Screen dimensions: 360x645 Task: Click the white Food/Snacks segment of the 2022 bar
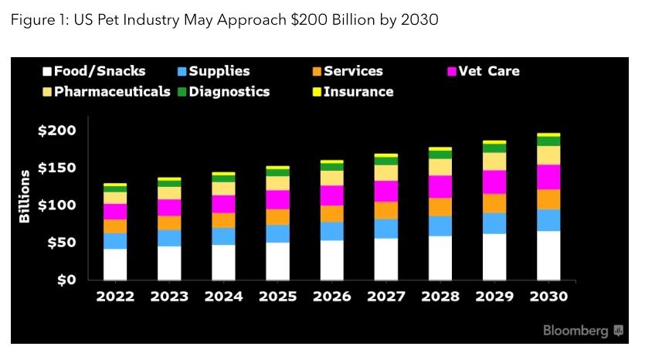[116, 263]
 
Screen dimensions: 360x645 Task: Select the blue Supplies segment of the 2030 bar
[548, 220]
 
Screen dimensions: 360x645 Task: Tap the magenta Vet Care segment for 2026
[332, 195]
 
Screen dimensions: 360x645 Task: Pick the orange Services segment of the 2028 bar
[440, 206]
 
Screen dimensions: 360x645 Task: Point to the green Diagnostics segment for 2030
[548, 141]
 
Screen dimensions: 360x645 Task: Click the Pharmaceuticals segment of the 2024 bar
[224, 188]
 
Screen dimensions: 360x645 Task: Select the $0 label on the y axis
[65, 280]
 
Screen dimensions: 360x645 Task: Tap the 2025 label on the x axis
[277, 297]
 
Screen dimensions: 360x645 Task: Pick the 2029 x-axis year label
[494, 297]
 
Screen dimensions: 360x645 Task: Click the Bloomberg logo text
[575, 331]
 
